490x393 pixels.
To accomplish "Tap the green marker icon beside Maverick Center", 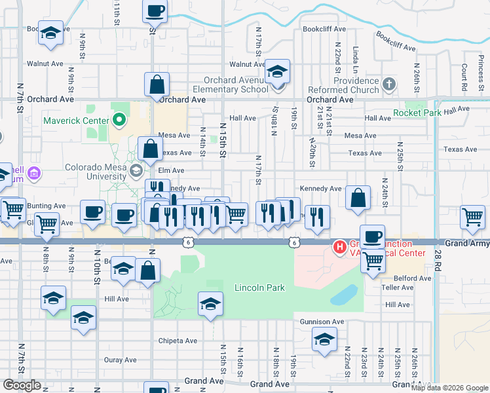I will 119,120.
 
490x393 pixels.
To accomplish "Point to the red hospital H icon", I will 340,248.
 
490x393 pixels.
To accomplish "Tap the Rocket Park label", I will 417,113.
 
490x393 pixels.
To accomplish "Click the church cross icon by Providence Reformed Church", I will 389,84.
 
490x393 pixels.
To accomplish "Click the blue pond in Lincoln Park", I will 344,295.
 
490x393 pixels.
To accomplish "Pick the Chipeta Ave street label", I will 178,341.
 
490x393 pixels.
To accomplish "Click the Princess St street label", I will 481,64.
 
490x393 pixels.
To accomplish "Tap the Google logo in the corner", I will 22,385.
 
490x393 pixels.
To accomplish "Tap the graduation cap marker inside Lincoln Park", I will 210,304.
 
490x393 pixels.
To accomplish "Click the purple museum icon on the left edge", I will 33,174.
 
